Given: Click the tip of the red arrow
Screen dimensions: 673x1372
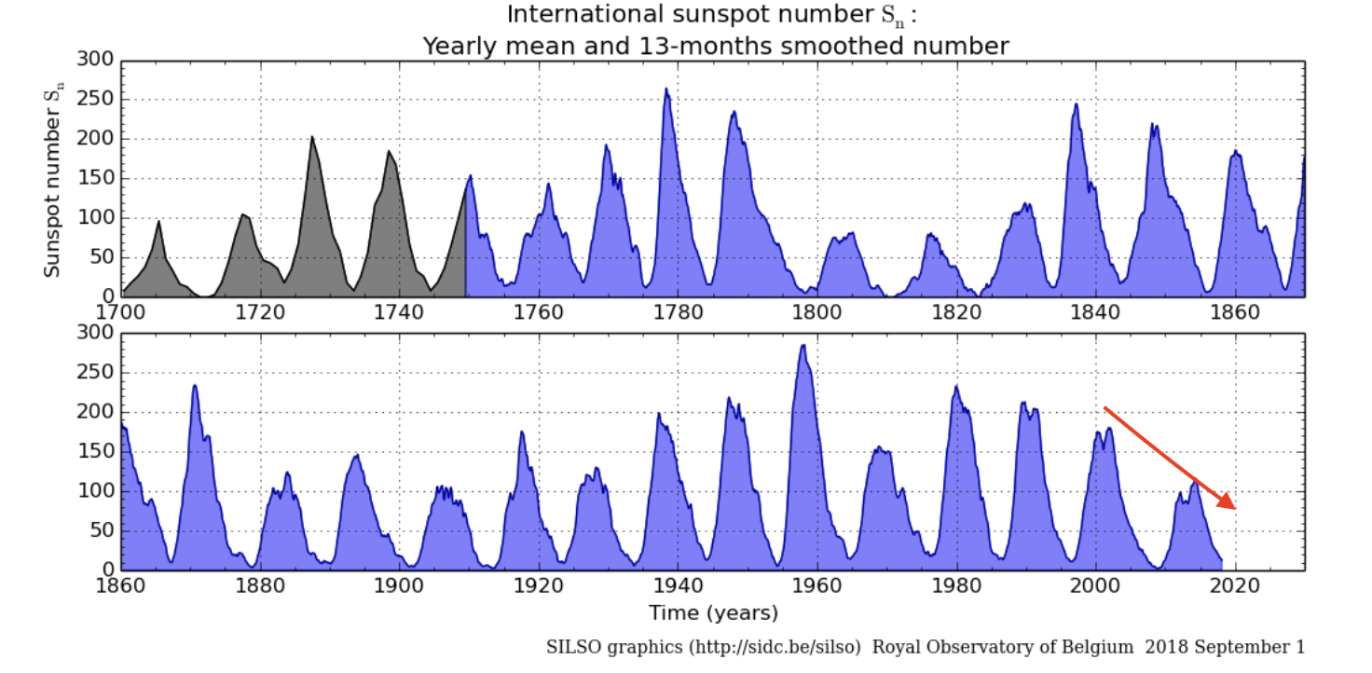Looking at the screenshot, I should coord(1236,509).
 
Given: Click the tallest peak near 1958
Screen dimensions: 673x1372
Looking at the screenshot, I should coord(803,346).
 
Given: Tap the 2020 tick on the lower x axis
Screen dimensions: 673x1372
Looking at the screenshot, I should coord(1235,570).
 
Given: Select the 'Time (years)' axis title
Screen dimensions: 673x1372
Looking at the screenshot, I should coord(713,612).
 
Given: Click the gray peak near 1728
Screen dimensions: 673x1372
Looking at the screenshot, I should coord(312,138).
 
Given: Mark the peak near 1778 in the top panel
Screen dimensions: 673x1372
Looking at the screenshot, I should coord(666,89).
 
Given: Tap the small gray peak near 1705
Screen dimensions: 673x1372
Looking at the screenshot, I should coord(159,222).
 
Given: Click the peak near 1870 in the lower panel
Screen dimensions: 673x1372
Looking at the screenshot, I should coord(195,385).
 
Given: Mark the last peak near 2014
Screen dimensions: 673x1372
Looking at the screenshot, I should coord(1194,481).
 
